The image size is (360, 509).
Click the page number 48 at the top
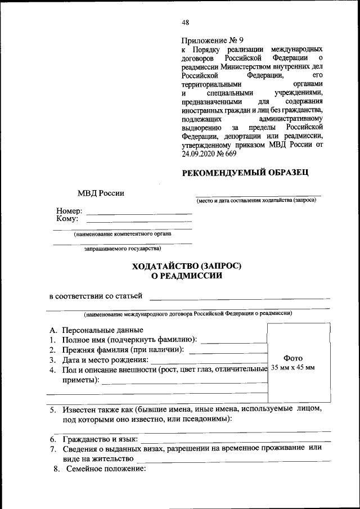186,22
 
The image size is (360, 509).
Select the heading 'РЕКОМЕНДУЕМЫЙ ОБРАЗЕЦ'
245,173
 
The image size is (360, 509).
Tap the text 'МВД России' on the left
101,193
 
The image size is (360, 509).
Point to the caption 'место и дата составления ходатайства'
256,201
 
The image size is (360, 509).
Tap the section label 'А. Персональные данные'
96,330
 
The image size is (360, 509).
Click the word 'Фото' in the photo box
293,358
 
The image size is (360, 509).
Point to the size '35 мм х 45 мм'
293,367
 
